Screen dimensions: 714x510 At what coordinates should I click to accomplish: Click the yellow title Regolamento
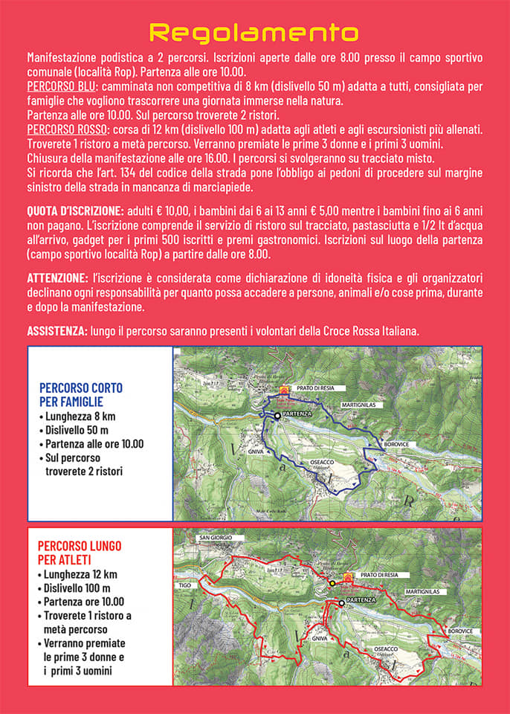click(254, 32)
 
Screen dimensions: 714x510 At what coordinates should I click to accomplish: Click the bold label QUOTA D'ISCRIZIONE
click(75, 210)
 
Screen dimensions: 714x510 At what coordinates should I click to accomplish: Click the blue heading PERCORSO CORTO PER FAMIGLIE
click(81, 394)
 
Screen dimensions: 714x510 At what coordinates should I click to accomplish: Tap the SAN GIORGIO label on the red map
click(216, 538)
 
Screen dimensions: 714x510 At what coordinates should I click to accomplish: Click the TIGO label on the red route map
click(186, 585)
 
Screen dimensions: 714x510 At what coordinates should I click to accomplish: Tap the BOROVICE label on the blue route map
click(398, 445)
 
